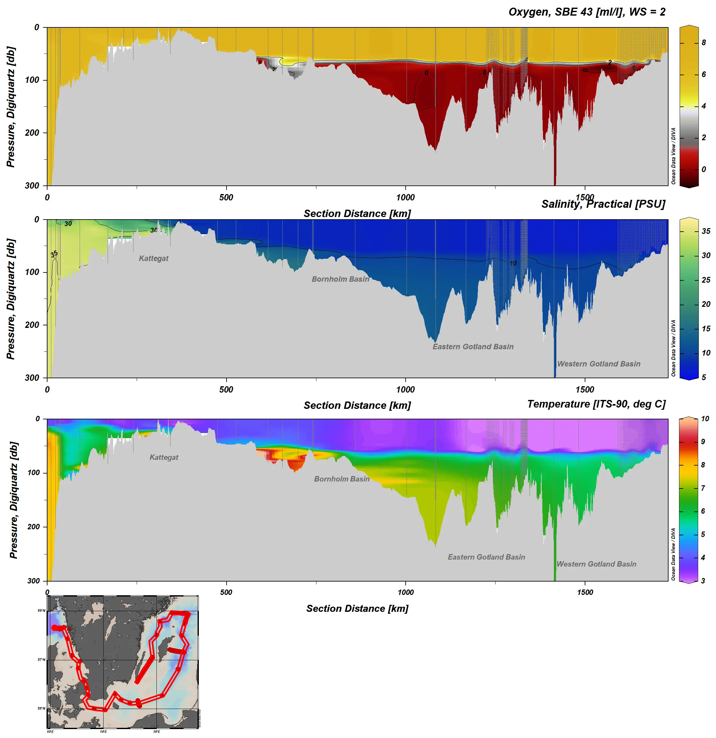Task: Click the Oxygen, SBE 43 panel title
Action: (x=587, y=12)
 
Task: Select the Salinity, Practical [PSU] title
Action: (x=603, y=204)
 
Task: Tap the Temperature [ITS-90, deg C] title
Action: (x=596, y=404)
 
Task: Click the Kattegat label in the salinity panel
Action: (x=154, y=258)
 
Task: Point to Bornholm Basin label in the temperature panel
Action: (x=342, y=479)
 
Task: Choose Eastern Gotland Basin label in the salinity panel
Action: (x=473, y=346)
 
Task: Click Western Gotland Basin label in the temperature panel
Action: (x=596, y=564)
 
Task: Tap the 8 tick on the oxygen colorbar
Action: (x=704, y=43)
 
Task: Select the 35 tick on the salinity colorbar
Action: (x=706, y=231)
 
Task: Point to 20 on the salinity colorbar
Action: (x=706, y=304)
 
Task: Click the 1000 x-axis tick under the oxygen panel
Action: (x=405, y=197)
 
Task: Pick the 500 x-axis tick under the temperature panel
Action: (x=226, y=592)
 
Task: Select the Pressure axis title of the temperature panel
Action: (x=14, y=500)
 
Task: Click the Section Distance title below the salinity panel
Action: (x=357, y=406)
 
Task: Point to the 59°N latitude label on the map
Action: (x=41, y=611)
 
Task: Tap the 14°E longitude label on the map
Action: (x=103, y=732)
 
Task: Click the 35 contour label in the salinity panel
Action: (x=54, y=253)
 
